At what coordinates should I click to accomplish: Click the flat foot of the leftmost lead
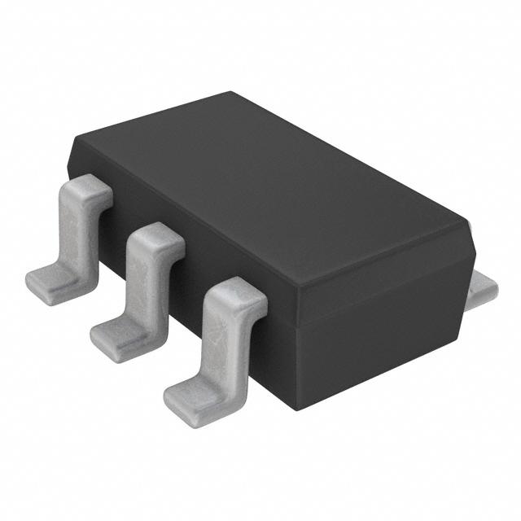click(50, 282)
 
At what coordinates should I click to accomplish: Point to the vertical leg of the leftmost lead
click(78, 236)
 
